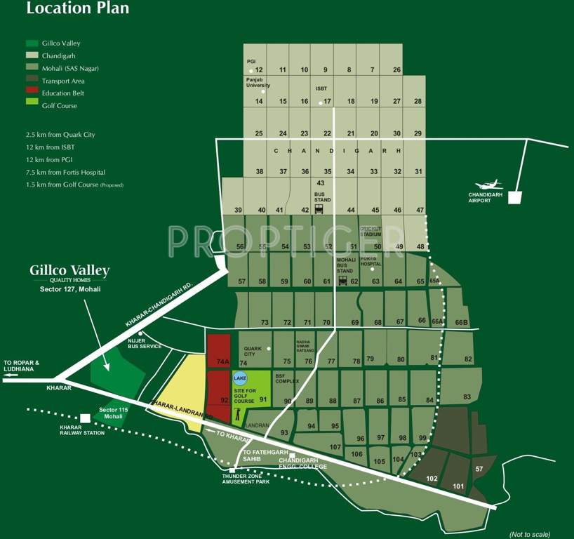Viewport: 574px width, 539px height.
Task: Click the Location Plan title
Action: [x=77, y=9]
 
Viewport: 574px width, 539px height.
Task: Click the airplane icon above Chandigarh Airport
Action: [x=490, y=184]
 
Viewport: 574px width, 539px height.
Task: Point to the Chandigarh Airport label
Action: [x=488, y=197]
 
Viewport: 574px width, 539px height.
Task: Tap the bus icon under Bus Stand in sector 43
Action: [x=319, y=208]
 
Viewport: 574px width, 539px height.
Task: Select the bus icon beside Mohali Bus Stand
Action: [x=343, y=281]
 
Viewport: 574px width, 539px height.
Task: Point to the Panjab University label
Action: [x=258, y=82]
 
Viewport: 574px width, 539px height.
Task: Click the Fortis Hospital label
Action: [x=370, y=261]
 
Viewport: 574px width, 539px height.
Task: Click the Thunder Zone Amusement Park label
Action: [x=246, y=479]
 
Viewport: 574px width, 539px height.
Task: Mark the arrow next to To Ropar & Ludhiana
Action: [x=11, y=375]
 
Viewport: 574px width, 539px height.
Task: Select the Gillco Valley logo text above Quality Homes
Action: [x=69, y=270]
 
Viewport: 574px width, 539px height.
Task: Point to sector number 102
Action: [x=432, y=479]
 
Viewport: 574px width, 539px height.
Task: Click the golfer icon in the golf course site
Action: [x=238, y=415]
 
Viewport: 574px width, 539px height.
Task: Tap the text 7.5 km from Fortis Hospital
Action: [x=65, y=172]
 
